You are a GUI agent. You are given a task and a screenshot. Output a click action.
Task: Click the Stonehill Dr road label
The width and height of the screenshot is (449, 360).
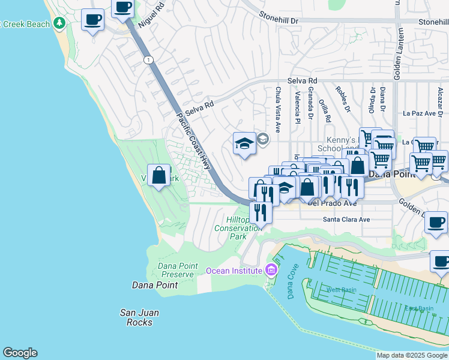point(279,20)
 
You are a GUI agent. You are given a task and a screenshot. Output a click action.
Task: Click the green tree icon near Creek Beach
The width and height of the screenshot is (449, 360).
point(59,23)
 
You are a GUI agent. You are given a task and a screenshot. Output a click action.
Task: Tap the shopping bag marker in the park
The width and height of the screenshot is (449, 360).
point(158,176)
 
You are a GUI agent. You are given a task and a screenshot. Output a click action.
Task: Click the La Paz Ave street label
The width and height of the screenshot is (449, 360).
point(418,113)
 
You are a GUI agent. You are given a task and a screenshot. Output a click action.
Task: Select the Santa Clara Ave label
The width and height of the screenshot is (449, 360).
point(346,220)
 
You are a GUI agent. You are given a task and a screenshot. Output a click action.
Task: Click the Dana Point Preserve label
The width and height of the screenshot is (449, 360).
point(176,270)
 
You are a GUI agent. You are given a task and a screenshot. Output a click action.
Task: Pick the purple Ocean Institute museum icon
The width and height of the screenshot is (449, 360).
point(271,270)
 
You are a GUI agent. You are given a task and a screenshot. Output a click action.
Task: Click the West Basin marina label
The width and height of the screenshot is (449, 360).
point(341,290)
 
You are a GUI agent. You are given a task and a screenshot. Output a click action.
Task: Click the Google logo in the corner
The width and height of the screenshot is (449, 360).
point(20,353)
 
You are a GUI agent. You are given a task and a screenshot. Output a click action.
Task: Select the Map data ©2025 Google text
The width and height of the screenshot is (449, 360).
point(412,355)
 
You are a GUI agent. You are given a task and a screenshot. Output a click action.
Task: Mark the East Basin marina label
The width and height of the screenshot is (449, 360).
point(418,308)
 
